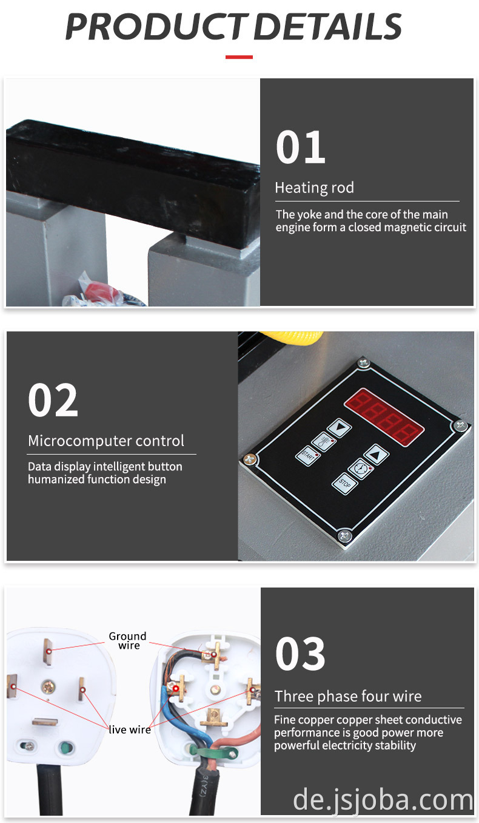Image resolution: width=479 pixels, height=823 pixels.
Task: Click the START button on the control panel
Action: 308,456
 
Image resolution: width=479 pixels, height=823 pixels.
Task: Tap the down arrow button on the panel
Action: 340,428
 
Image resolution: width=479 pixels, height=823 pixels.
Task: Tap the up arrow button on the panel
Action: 376,455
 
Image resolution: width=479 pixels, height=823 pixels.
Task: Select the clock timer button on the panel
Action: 360,469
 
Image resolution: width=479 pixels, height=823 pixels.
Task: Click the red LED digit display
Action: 384,416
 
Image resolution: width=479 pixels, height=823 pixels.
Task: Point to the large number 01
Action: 301,147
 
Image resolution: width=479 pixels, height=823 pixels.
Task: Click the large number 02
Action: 53,399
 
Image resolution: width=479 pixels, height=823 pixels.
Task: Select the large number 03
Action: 300,654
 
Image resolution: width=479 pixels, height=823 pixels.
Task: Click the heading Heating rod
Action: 314,188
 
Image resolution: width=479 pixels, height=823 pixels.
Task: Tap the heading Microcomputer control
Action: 106,441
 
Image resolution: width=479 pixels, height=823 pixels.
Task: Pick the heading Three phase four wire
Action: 348,696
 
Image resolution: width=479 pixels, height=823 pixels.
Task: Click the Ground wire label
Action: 127,640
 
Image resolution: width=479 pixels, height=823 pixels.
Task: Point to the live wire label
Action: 130,730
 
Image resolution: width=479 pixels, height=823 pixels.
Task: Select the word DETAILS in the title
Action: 328,27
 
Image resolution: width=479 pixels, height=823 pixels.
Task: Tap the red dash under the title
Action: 239,57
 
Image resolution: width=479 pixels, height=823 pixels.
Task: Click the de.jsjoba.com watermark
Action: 383,800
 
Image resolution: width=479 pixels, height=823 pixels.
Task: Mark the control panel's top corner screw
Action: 363,363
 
